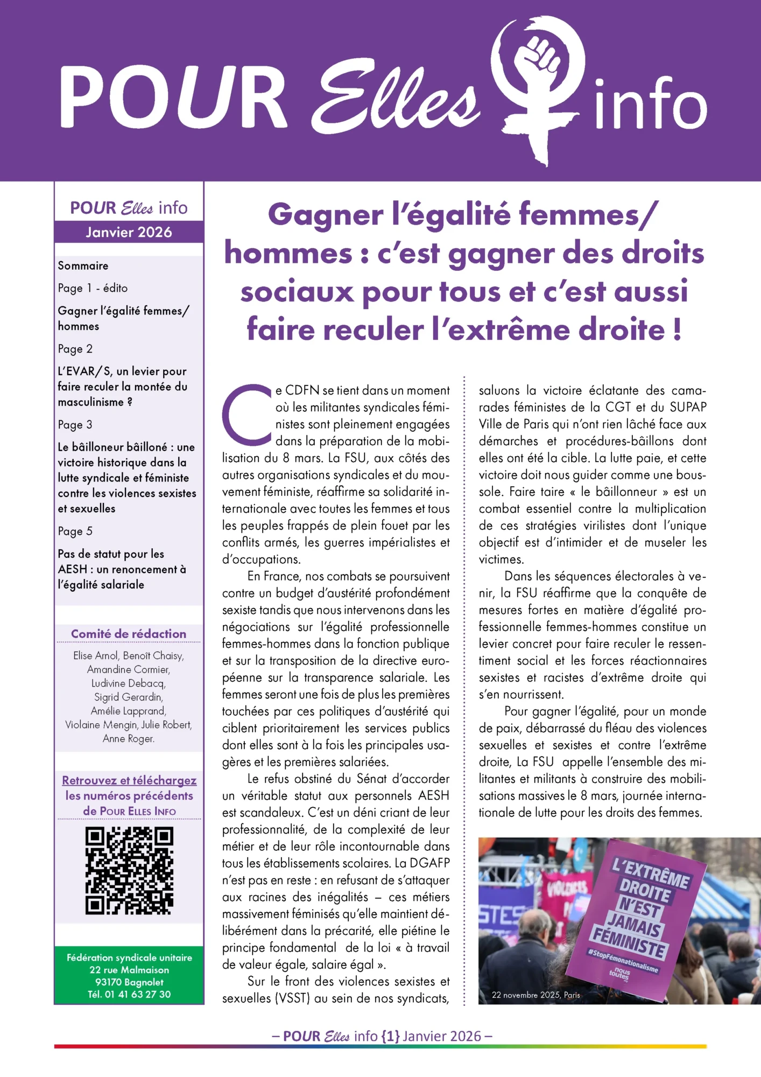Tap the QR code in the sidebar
pos(129,871)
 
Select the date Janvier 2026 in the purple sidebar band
pos(129,232)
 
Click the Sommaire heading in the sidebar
pos(83,265)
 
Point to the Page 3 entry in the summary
pos(75,424)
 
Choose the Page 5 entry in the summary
pos(75,531)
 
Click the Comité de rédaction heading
pos(129,634)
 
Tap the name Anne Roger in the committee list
pos(129,738)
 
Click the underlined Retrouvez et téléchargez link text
pos(129,780)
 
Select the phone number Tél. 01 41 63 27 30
pos(129,994)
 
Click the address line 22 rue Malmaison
pos(129,970)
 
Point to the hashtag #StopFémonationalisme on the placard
pos(623,960)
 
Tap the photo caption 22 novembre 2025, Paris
pos(536,995)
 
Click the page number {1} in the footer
pos(390,1036)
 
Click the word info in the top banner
pos(650,103)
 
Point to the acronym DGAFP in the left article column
pos(429,863)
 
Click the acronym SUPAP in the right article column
pos(688,407)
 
